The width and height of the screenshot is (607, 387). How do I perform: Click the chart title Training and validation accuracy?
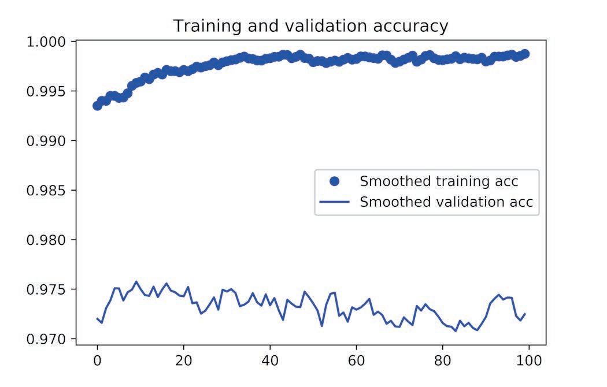tap(310, 26)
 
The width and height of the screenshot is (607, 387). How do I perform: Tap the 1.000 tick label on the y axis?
tap(46, 42)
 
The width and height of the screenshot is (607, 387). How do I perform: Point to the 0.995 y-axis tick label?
tap(46, 91)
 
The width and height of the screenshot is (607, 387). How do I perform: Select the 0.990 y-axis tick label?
tap(46, 141)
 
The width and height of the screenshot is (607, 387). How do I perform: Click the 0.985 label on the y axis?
tap(46, 191)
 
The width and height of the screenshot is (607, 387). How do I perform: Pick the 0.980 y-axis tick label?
tap(46, 240)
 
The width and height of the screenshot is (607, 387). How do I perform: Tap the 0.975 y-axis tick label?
tap(46, 289)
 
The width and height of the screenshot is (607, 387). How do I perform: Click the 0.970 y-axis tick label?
tap(46, 339)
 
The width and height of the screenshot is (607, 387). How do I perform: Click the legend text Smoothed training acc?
tap(439, 181)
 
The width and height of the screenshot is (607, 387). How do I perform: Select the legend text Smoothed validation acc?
tap(446, 202)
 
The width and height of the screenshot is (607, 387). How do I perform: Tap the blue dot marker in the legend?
tap(334, 181)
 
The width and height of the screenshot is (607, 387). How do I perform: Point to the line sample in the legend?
tap(334, 203)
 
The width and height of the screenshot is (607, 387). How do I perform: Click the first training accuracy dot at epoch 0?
tap(97, 106)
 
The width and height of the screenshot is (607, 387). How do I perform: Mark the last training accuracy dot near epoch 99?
tap(525, 54)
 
